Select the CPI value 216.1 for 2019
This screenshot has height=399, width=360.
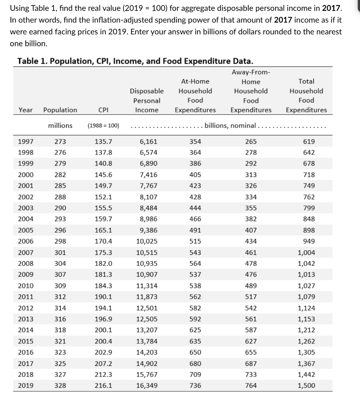[x=103, y=386]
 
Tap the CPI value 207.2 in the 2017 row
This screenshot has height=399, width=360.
[x=103, y=364]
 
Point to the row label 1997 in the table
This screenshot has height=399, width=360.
[x=26, y=141]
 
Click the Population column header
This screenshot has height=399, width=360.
[x=60, y=110]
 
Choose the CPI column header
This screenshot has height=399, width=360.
[x=103, y=110]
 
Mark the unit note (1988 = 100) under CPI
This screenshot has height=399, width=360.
[x=103, y=125]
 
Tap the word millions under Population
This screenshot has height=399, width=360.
[x=60, y=125]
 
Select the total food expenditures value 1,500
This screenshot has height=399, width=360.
[x=306, y=386]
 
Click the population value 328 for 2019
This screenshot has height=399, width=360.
[x=60, y=386]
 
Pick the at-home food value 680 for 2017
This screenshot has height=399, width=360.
[x=195, y=364]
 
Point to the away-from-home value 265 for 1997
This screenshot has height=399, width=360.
[x=251, y=141]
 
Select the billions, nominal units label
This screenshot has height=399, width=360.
[x=230, y=125]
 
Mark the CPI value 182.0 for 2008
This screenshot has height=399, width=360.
[x=103, y=263]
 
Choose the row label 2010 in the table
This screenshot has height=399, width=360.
[x=26, y=286]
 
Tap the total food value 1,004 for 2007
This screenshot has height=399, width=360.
[x=306, y=252]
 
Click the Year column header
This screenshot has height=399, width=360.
[x=26, y=110]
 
